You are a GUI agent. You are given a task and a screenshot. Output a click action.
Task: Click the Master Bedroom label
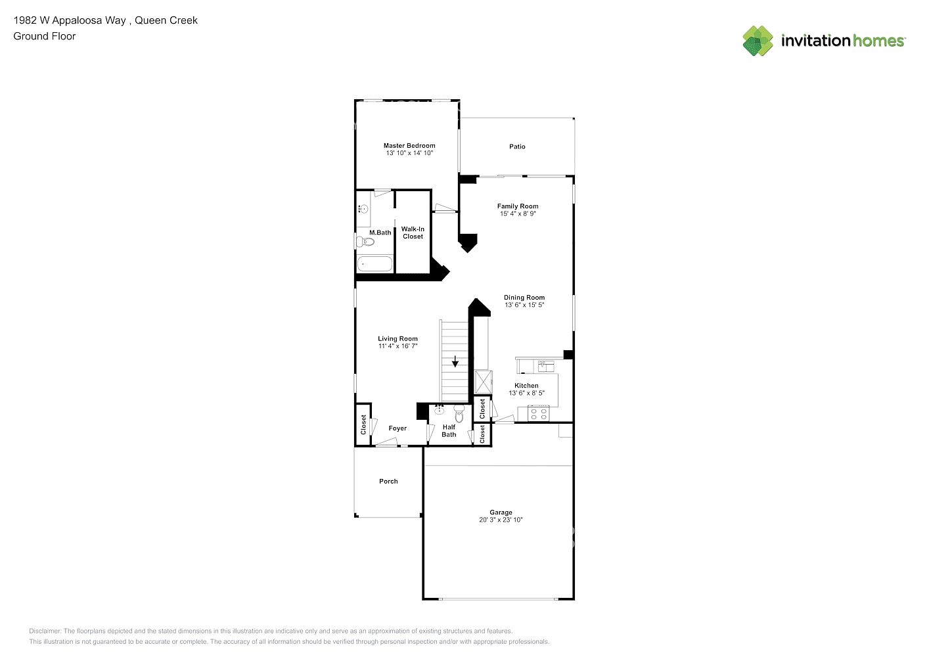click(x=409, y=146)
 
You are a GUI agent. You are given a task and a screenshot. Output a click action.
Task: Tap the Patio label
click(x=517, y=147)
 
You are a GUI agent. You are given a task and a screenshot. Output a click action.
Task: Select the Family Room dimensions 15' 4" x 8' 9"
click(x=518, y=214)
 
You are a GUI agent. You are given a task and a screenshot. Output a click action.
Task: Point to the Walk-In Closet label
click(x=413, y=233)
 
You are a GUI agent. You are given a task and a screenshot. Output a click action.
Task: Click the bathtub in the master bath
click(x=375, y=264)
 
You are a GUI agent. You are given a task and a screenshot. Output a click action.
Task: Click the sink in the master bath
click(x=363, y=209)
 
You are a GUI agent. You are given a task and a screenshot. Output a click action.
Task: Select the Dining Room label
click(x=524, y=298)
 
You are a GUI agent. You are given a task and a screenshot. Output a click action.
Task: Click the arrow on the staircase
click(x=455, y=361)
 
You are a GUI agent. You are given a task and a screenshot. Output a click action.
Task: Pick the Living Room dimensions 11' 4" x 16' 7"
click(x=397, y=346)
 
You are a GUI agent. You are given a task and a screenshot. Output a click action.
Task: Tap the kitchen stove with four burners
click(x=538, y=413)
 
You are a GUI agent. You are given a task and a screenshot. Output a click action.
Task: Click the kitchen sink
click(x=546, y=366)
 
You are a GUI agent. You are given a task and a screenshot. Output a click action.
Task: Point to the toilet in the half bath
click(x=459, y=413)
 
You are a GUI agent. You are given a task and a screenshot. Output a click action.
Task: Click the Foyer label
click(x=397, y=428)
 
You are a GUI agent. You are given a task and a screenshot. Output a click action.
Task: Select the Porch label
click(x=388, y=481)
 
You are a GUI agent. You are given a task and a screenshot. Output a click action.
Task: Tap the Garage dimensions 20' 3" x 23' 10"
click(x=501, y=520)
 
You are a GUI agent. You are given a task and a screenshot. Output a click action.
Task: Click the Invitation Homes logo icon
click(x=758, y=41)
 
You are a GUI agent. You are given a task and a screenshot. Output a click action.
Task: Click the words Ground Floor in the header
click(x=45, y=36)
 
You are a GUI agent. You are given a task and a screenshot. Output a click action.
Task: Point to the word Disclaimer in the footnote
click(x=45, y=631)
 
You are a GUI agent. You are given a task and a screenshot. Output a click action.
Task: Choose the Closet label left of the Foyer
click(x=363, y=424)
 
